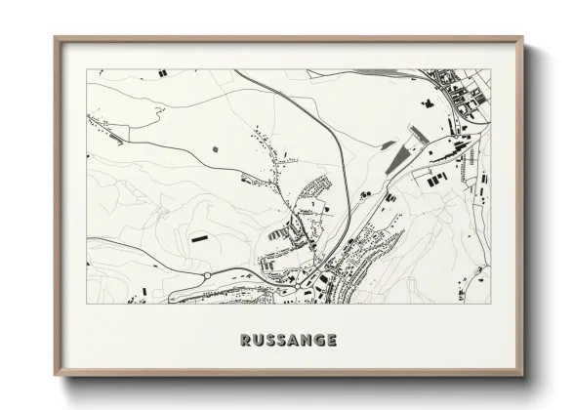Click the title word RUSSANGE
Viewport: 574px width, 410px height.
tap(288, 341)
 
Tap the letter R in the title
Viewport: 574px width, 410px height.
tap(244, 341)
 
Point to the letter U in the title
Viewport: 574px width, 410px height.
tap(257, 341)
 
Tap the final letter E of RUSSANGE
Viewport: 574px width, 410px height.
tap(332, 341)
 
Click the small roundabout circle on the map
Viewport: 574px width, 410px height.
tap(207, 276)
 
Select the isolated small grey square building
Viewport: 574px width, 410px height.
tap(216, 148)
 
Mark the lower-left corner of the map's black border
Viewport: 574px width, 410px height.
tap(87, 304)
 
